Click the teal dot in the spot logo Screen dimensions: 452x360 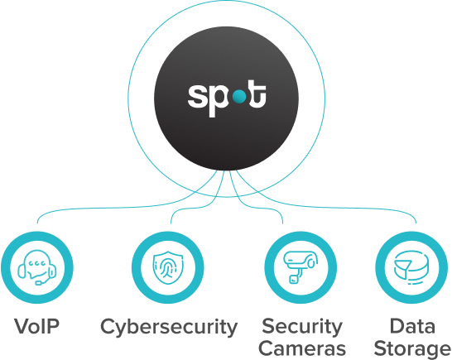coord(239,97)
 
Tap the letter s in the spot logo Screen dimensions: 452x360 coord(198,97)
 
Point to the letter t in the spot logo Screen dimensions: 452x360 coord(257,94)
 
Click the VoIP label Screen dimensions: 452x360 coord(37,326)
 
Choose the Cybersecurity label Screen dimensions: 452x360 coord(169,328)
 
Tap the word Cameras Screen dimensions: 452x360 coord(302,348)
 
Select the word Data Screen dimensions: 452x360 coord(412,326)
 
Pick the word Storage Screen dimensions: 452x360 coord(412,349)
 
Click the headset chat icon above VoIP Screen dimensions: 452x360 coord(37,267)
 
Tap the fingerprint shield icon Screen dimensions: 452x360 coord(168,267)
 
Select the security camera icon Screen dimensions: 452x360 coord(301,267)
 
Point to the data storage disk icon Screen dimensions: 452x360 coord(411,267)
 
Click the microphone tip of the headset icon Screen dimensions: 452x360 coord(38,283)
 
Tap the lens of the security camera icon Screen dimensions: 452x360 coord(311,263)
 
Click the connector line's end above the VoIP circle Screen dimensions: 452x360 coord(37,223)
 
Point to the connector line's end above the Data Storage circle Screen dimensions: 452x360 coord(416,223)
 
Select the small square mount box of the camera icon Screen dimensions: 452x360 coord(294,279)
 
